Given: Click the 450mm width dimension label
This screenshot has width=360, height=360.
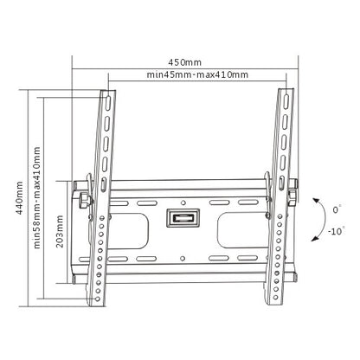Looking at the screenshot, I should click(185, 61).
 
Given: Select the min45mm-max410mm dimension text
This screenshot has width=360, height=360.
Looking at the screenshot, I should click(197, 75).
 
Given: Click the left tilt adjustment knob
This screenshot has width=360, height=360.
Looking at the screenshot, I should click(82, 201).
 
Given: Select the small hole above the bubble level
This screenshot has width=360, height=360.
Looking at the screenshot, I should click(183, 196).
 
